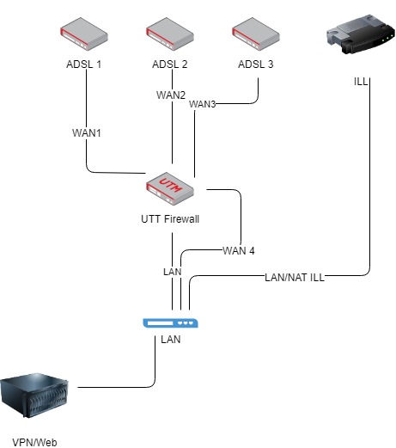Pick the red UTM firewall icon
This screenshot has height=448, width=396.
[x=172, y=187]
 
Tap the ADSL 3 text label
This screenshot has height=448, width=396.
[x=257, y=65]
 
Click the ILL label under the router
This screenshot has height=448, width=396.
[x=362, y=83]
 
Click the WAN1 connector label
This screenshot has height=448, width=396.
[x=88, y=133]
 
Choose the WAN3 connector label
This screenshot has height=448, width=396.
[x=203, y=104]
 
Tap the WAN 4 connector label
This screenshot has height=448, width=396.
[x=239, y=250]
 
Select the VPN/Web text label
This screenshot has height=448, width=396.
[x=37, y=440]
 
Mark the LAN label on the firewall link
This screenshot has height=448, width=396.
[x=173, y=272]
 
